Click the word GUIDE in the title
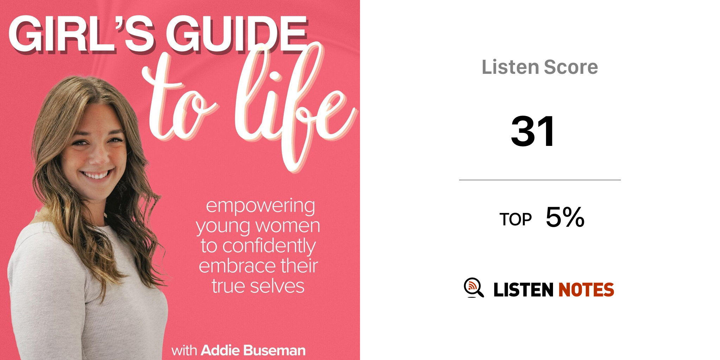click(236, 34)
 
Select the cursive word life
click(295, 105)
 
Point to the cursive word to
click(179, 102)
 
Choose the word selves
click(277, 286)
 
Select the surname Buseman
click(274, 351)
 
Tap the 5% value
click(565, 217)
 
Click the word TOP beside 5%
click(515, 219)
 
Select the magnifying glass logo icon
click(474, 288)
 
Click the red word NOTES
click(586, 290)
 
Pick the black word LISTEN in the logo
click(523, 290)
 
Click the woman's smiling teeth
click(96, 175)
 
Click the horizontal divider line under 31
click(540, 180)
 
